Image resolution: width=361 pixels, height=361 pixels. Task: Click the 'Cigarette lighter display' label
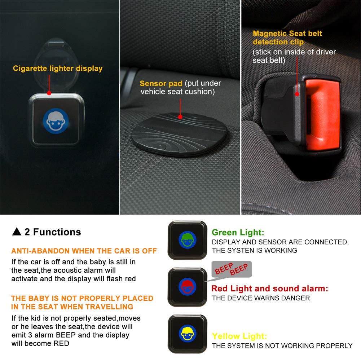tap(58, 69)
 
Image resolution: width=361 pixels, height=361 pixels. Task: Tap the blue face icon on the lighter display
tap(56, 121)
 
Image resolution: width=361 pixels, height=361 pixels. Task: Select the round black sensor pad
tap(179, 135)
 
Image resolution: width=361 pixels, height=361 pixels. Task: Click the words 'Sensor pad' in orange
tap(161, 83)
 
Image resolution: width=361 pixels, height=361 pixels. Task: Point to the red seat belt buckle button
tap(322, 114)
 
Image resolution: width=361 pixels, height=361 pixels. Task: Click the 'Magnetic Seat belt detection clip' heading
tap(287, 38)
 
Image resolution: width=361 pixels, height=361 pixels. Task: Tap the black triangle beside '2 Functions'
tap(17, 232)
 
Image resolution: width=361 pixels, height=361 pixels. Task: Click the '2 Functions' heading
tap(53, 232)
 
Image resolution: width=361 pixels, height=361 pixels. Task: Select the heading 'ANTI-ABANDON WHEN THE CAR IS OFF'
tap(84, 251)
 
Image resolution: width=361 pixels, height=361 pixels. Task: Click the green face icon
tap(188, 240)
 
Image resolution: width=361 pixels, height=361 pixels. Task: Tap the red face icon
tap(188, 287)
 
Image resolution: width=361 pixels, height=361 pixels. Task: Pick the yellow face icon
tap(188, 333)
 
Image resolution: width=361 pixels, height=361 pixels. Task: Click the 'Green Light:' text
tap(238, 233)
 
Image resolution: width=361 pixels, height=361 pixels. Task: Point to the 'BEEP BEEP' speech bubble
tap(232, 269)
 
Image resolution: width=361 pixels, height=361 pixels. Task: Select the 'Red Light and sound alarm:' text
tap(270, 289)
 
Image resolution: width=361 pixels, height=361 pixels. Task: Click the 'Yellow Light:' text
tap(239, 336)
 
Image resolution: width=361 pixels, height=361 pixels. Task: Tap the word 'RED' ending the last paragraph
tap(61, 343)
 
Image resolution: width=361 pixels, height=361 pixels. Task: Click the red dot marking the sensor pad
tap(180, 117)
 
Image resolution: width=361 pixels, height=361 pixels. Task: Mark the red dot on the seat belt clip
tap(297, 94)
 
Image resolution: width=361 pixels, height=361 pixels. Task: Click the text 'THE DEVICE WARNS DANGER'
tap(261, 298)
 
